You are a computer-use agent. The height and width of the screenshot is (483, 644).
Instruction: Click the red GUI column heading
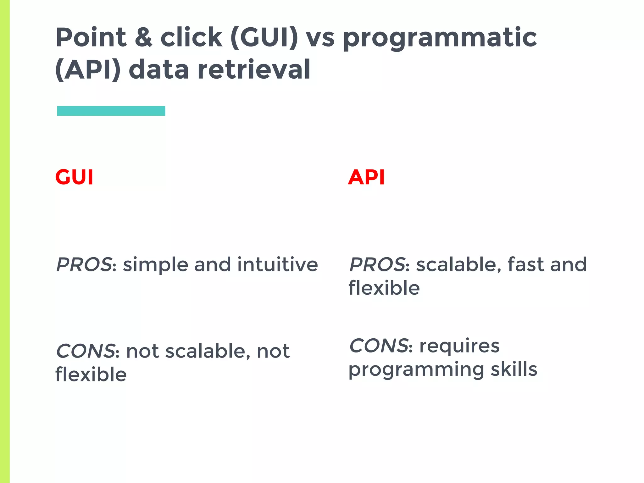click(x=74, y=177)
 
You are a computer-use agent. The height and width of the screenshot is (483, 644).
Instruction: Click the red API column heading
click(x=366, y=177)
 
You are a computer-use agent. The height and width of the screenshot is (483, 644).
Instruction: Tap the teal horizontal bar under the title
click(x=111, y=111)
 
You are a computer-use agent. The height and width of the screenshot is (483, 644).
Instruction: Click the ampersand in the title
click(x=143, y=37)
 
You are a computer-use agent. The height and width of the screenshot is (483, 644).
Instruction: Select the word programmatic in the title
click(x=440, y=38)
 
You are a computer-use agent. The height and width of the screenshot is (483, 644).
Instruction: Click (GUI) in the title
click(x=264, y=38)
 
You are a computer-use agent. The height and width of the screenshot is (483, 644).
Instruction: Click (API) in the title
click(x=88, y=70)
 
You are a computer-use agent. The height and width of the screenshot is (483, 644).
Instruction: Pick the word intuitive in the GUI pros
click(x=277, y=264)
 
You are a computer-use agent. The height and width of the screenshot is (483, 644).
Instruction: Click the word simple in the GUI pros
click(x=156, y=265)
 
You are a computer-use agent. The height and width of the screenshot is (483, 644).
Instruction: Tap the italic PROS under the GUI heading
click(x=84, y=264)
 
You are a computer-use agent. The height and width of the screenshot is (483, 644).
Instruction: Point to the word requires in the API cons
click(x=459, y=347)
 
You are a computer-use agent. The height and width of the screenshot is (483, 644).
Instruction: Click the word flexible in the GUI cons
click(x=91, y=375)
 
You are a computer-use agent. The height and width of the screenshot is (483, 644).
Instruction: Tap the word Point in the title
click(x=91, y=37)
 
